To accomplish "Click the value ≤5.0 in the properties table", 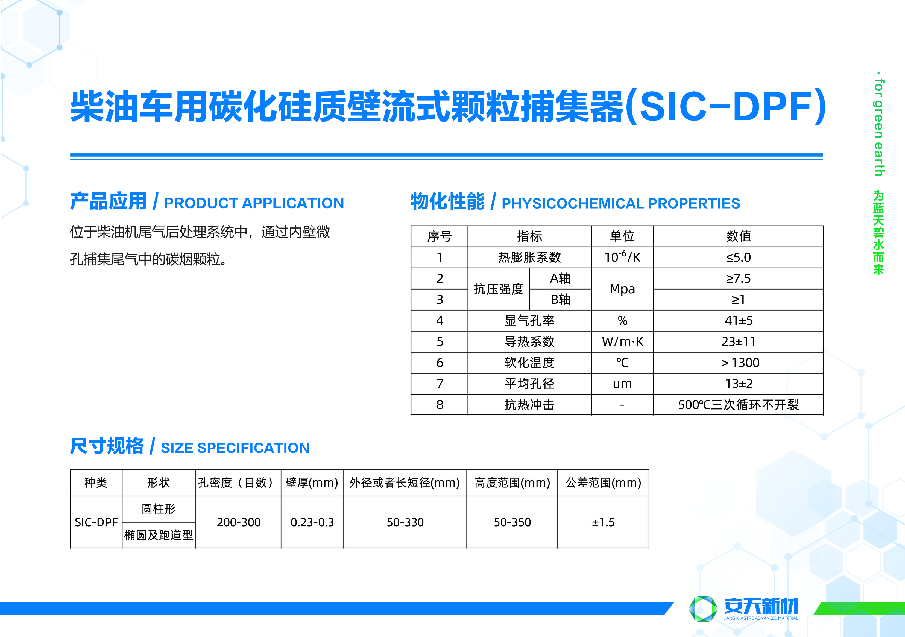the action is [x=738, y=258].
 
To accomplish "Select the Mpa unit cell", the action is [x=622, y=289].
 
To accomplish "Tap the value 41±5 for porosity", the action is [x=738, y=320].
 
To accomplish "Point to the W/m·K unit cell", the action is [x=622, y=341].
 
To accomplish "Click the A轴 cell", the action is [x=560, y=279].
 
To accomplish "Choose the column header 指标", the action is [x=529, y=236].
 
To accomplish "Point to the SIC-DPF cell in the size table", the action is [x=96, y=522].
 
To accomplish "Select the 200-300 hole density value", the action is [x=238, y=522].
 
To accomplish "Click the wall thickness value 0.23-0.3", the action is [x=312, y=522].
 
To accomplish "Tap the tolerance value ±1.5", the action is [x=603, y=522].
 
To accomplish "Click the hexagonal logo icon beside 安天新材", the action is [x=703, y=609].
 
